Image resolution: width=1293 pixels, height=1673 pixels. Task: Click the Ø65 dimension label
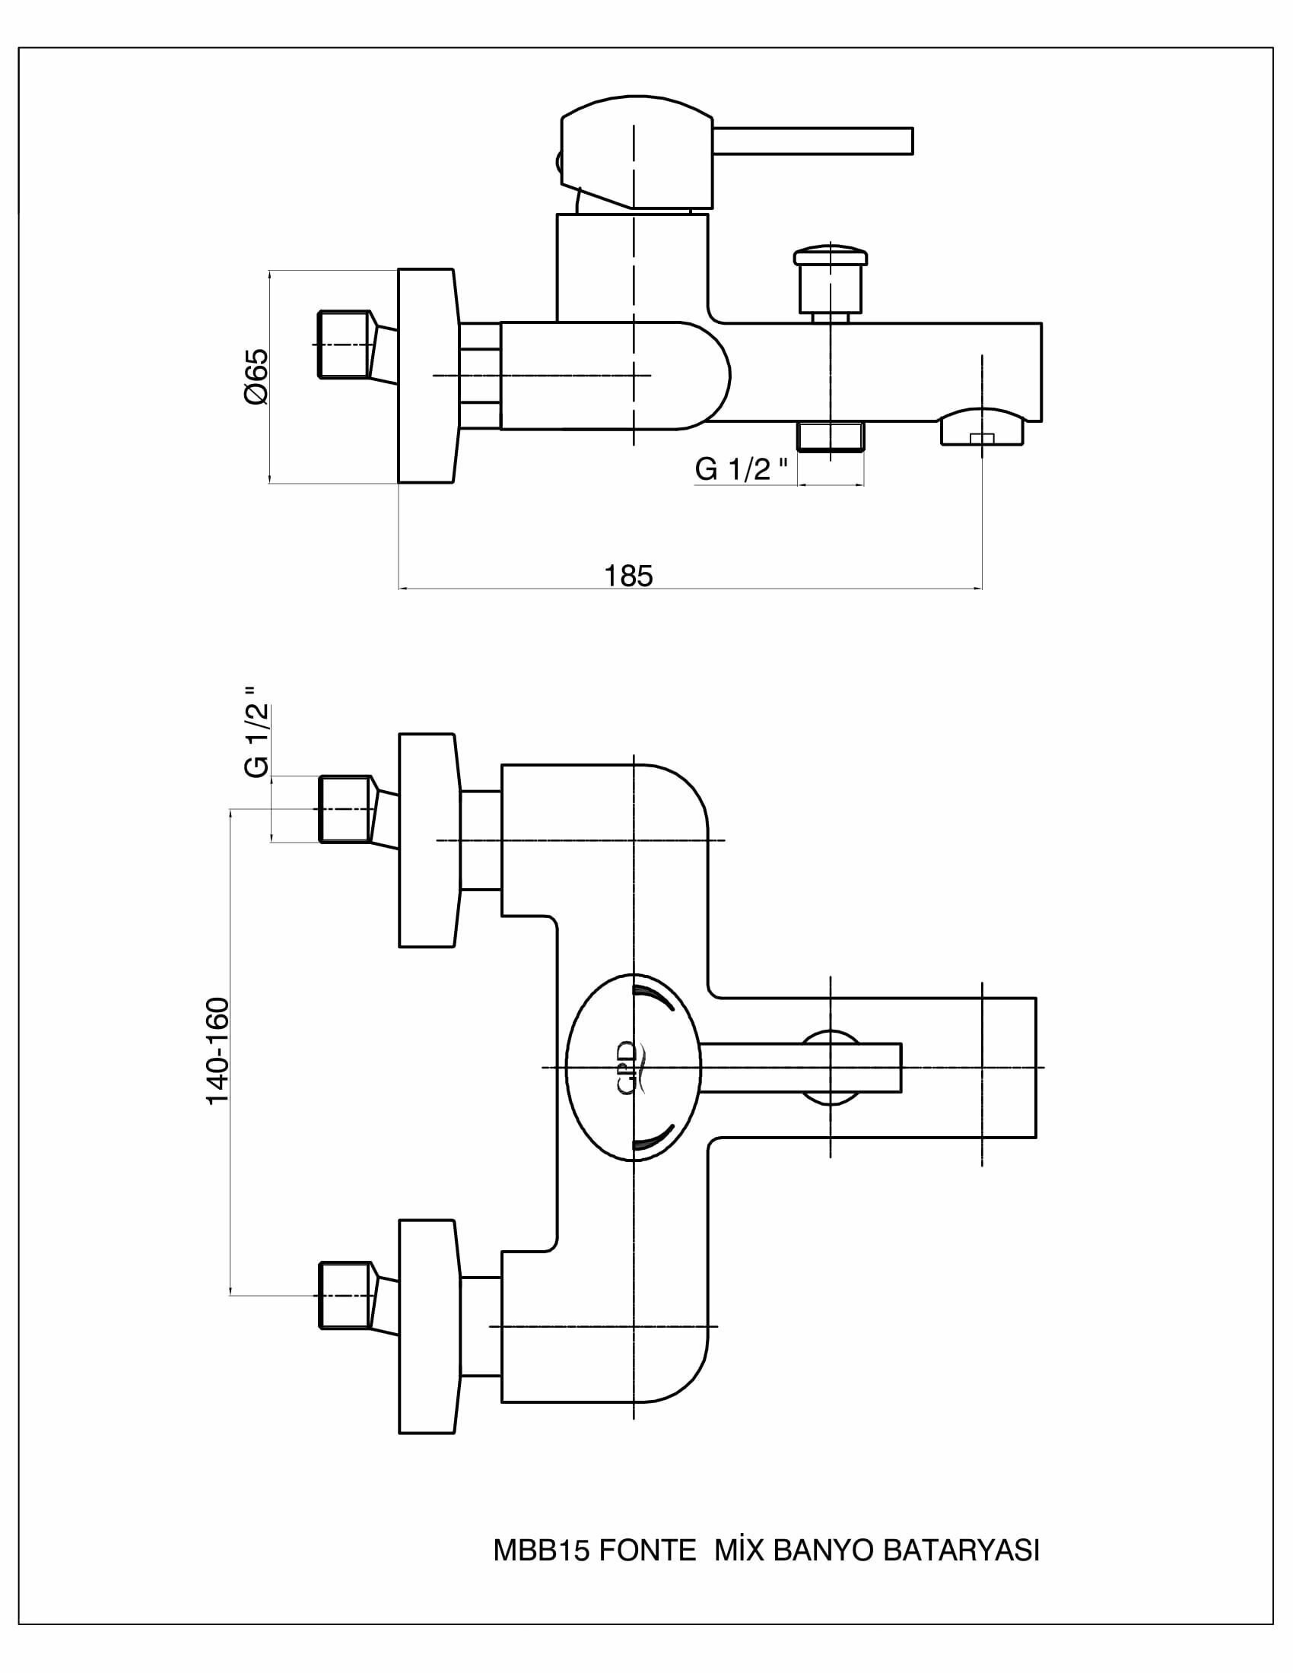257,376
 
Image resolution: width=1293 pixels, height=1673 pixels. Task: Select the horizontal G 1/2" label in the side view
742,468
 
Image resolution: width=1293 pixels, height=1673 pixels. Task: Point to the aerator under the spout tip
982,427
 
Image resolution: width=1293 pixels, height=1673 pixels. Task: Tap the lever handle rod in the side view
814,141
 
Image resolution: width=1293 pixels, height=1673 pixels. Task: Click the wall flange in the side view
427,376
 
